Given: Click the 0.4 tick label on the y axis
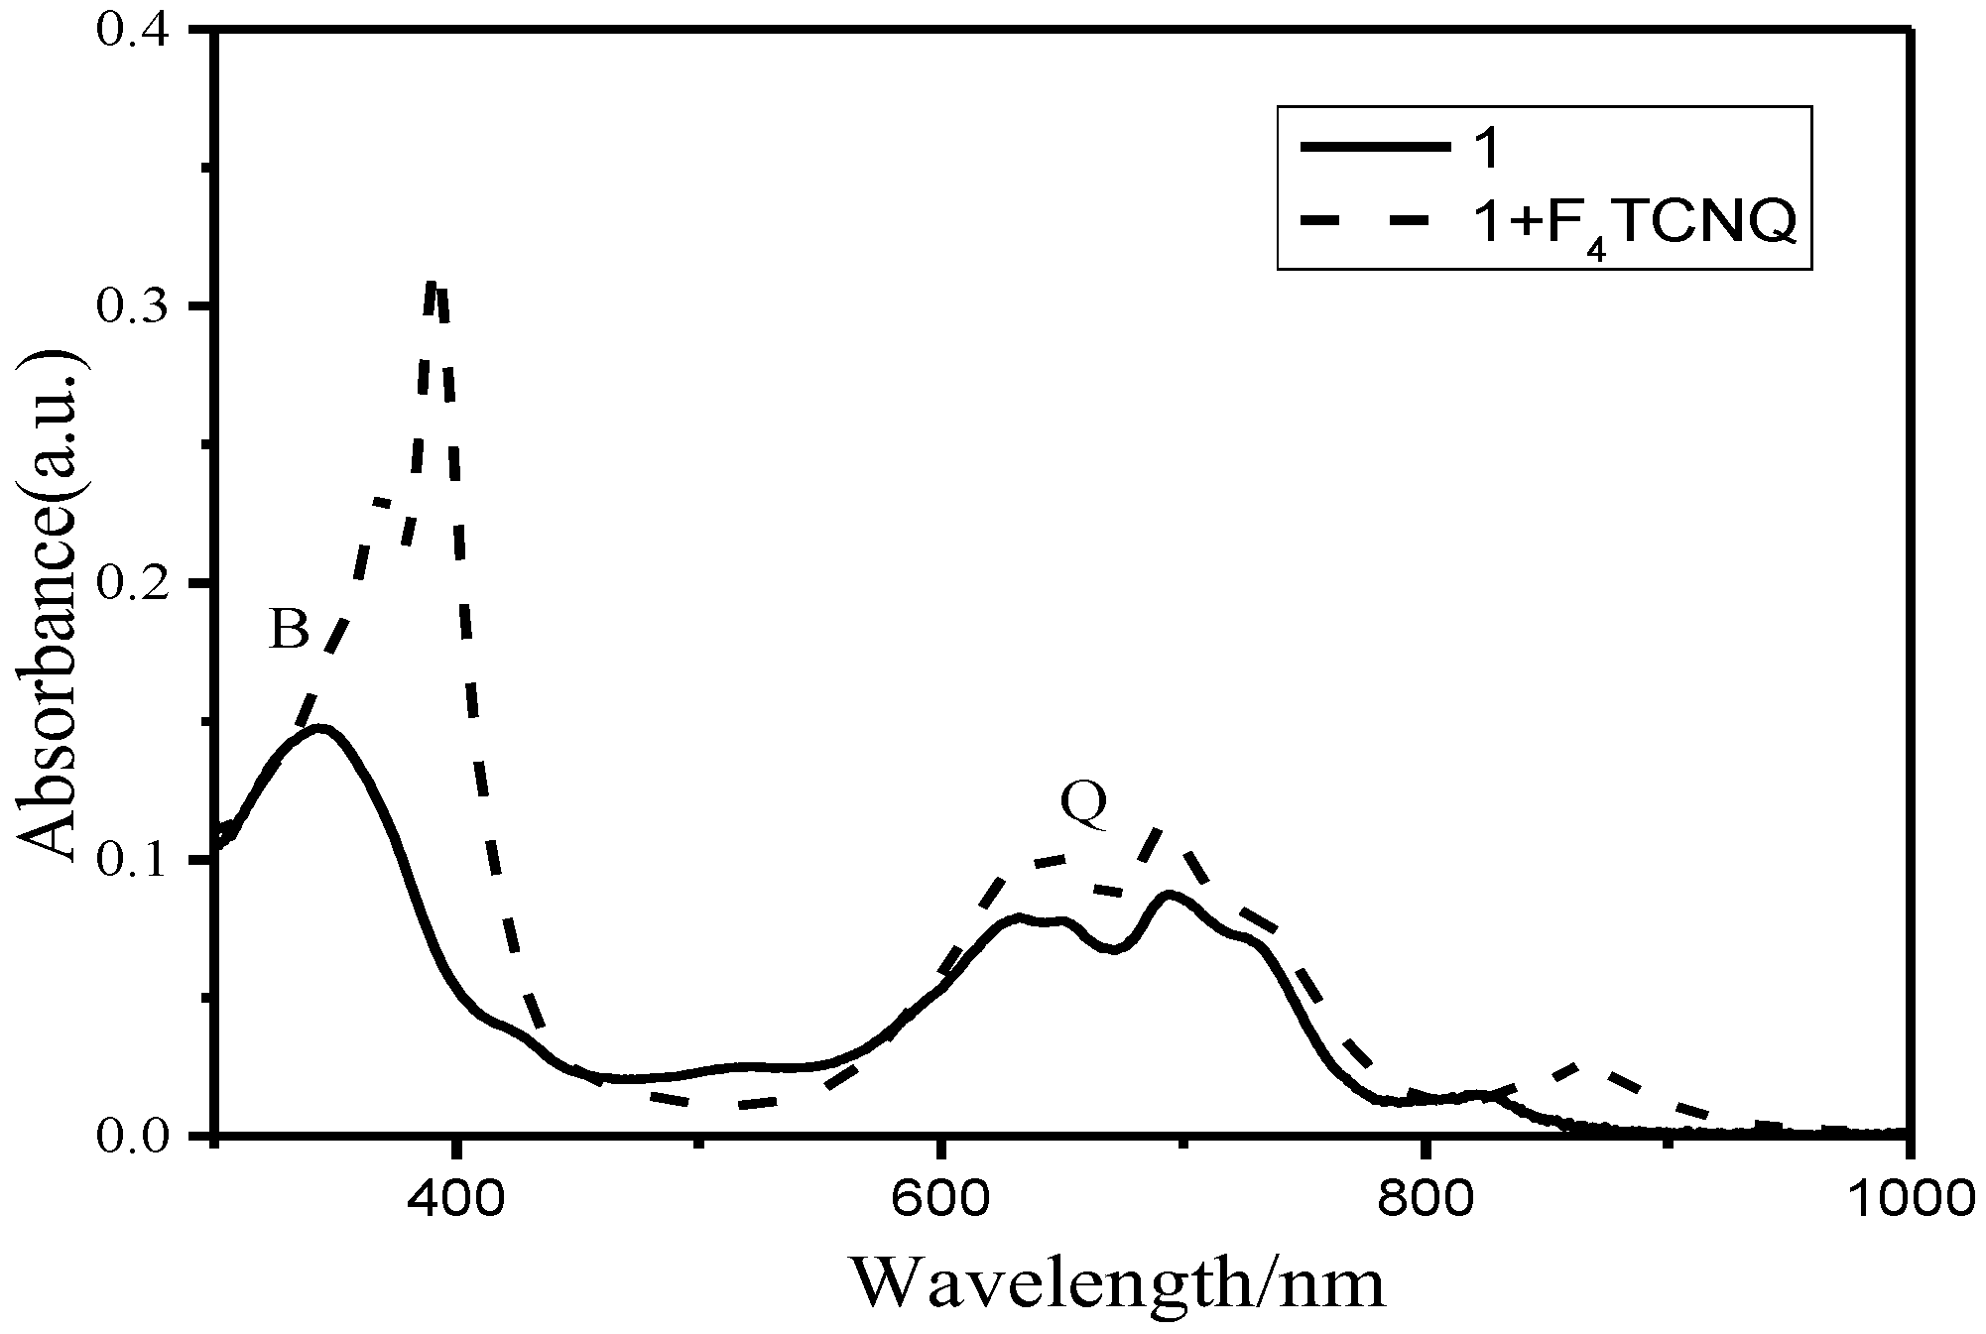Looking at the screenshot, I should [x=138, y=30].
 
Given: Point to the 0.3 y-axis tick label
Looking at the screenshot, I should [x=138, y=306].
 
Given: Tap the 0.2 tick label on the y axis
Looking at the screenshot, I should [x=138, y=583].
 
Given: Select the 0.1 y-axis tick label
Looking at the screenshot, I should [x=138, y=859].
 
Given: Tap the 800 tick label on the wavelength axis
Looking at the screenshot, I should [x=1424, y=1196].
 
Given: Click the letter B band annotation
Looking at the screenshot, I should [x=289, y=629].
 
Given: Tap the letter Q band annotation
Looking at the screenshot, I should [x=1083, y=804].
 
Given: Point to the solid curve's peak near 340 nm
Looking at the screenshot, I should [x=319, y=729].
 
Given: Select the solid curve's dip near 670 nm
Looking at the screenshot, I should [x=1113, y=949].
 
